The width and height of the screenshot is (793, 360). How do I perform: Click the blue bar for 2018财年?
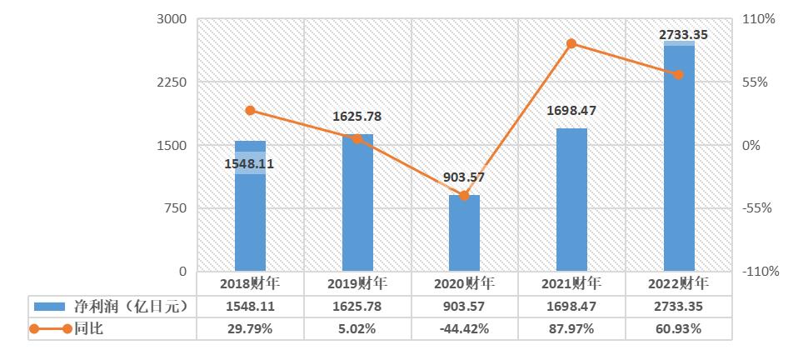click(250, 217)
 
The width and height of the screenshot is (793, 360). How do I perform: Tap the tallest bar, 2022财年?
click(678, 158)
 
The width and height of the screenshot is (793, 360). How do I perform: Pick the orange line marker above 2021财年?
click(571, 43)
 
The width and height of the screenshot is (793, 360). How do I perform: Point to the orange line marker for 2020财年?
click(464, 196)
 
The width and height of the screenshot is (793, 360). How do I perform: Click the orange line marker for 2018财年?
click(250, 111)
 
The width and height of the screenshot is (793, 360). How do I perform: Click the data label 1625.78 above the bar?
click(357, 117)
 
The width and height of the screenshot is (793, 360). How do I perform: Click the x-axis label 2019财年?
click(357, 283)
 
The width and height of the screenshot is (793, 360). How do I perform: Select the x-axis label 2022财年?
click(678, 283)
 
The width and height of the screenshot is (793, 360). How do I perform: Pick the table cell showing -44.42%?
click(464, 329)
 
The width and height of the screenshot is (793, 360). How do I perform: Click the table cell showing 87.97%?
click(571, 329)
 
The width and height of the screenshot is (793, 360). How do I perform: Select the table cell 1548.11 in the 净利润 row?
click(250, 307)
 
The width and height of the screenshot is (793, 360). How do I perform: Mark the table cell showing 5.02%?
click(357, 329)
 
